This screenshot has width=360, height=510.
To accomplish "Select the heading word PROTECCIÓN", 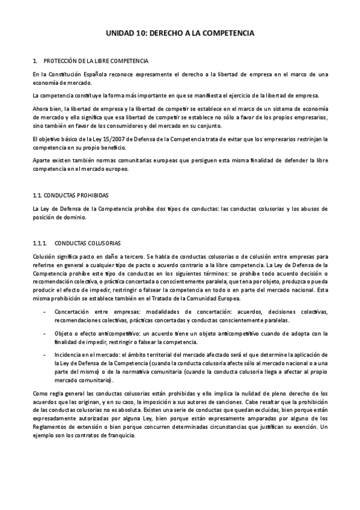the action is (61, 61).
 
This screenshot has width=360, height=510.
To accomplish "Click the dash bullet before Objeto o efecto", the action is (46, 332).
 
